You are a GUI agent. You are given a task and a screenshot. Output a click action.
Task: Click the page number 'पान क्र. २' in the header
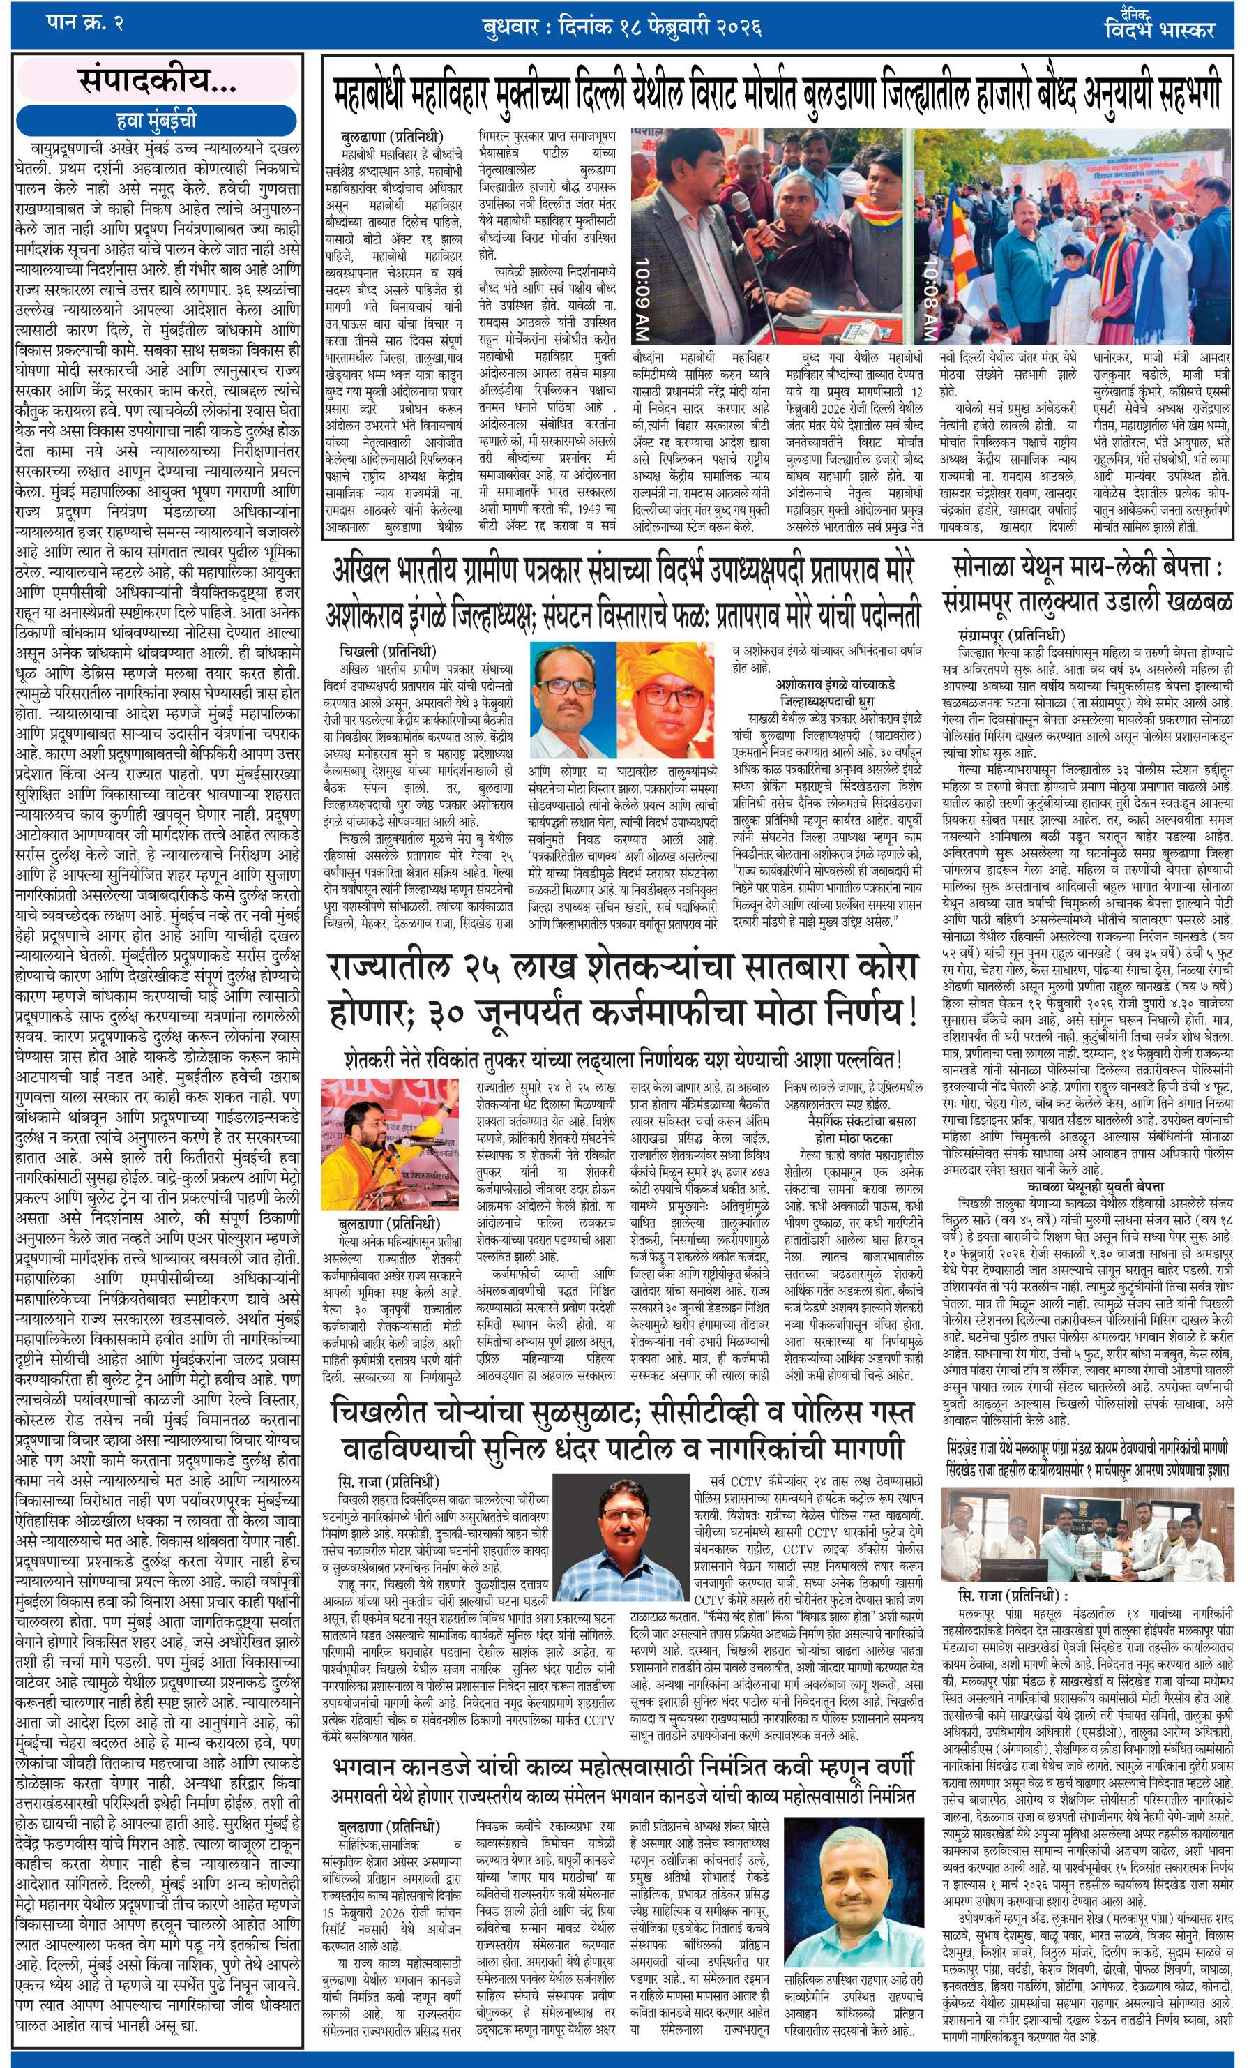coord(84,24)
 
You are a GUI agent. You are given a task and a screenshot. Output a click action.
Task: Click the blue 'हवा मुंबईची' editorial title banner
coord(156,120)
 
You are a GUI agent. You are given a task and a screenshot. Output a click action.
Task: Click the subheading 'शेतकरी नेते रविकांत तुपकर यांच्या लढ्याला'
coord(623,1059)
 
